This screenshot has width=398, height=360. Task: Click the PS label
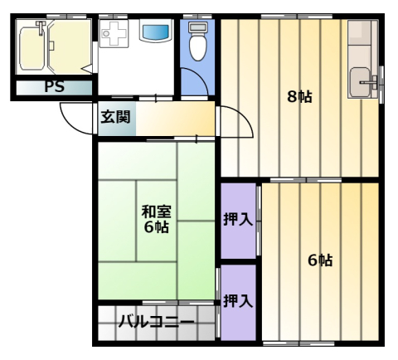pyautogui.click(x=55, y=87)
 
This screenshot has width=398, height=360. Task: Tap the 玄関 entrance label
pyautogui.click(x=115, y=117)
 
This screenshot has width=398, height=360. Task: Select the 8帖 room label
pyautogui.click(x=299, y=97)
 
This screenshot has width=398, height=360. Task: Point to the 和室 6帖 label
pyautogui.click(x=157, y=219)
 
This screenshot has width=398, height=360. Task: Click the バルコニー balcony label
pyautogui.click(x=157, y=322)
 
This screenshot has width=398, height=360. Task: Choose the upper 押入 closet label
pyautogui.click(x=238, y=220)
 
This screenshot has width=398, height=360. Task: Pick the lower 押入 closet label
pyautogui.click(x=238, y=301)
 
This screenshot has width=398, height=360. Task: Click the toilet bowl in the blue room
pyautogui.click(x=198, y=47)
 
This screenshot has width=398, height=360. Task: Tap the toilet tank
pyautogui.click(x=198, y=27)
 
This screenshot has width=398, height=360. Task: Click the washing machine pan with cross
pyautogui.click(x=114, y=33)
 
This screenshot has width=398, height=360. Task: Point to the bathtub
pyautogui.click(x=32, y=47)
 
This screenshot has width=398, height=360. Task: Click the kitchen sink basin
pyautogui.click(x=360, y=82)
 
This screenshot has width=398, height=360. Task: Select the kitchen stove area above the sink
pyautogui.click(x=362, y=43)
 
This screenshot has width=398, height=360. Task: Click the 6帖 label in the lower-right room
pyautogui.click(x=320, y=260)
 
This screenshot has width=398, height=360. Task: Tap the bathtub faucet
pyautogui.click(x=41, y=27)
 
